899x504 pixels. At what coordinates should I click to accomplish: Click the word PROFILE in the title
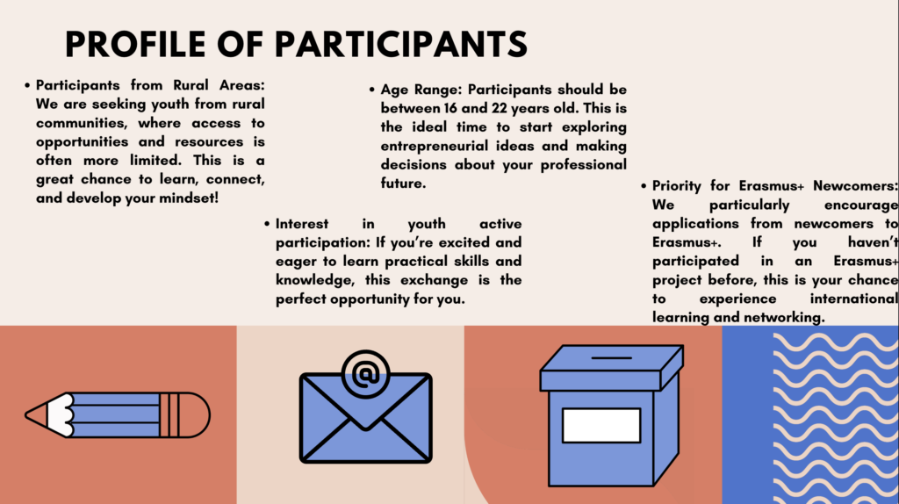pyautogui.click(x=135, y=44)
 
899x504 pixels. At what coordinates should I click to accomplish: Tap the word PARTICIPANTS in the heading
pyautogui.click(x=400, y=44)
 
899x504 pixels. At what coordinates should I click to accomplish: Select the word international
pyautogui.click(x=853, y=299)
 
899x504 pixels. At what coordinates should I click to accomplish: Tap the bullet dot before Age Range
pyautogui.click(x=372, y=90)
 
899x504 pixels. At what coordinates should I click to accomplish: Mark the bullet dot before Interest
pyautogui.click(x=267, y=224)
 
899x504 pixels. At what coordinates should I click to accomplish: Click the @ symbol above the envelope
pyautogui.click(x=366, y=374)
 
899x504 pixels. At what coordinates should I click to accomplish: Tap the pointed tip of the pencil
pyautogui.click(x=26, y=414)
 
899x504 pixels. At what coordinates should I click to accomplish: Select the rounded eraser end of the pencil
pyautogui.click(x=198, y=415)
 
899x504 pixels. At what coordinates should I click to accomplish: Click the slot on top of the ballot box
pyautogui.click(x=612, y=357)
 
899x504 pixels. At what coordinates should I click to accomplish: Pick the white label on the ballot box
pyautogui.click(x=601, y=426)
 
